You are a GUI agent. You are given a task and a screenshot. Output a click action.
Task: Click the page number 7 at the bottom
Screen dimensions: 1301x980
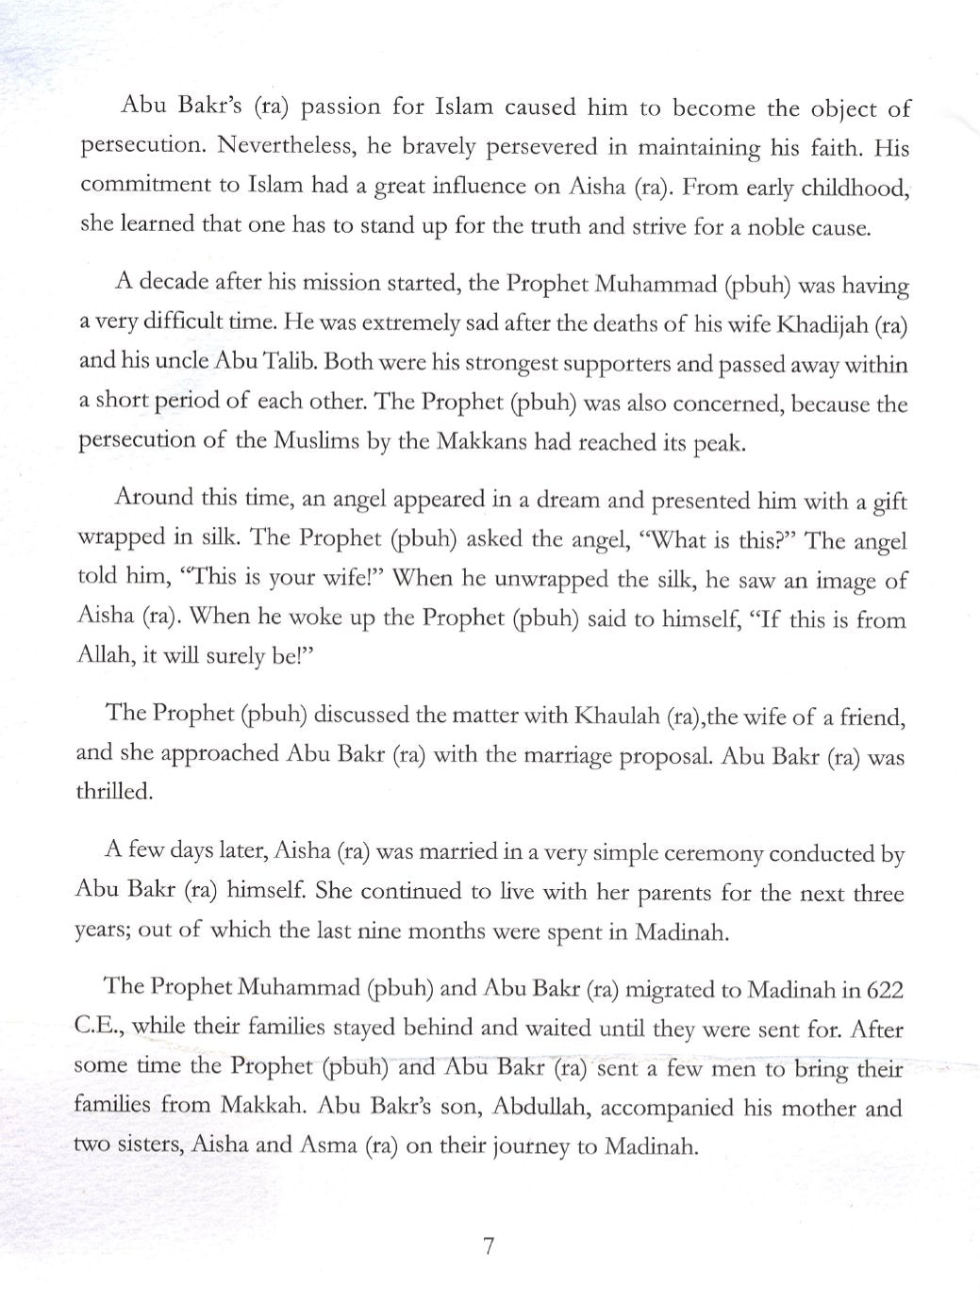[489, 1246]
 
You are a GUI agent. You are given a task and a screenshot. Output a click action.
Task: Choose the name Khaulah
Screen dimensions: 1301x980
[611, 716]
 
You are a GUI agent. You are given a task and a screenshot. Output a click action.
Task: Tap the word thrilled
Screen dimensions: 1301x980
[113, 792]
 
